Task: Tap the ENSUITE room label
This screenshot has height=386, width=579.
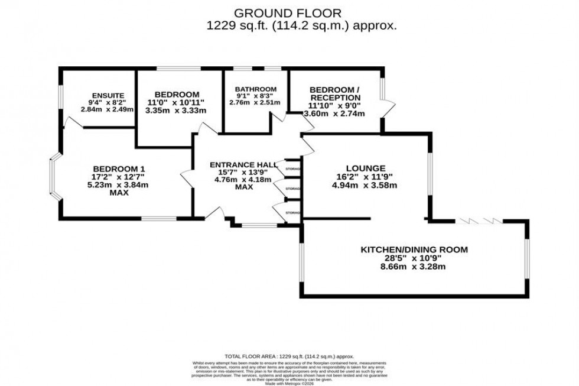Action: tap(107, 95)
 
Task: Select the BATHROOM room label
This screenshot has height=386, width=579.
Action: tap(255, 89)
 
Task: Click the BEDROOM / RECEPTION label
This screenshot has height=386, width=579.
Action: tap(334, 93)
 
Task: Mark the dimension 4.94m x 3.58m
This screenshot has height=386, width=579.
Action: tap(364, 185)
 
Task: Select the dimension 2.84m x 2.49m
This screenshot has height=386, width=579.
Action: tap(107, 109)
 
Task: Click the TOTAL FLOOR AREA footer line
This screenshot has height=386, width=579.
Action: tap(289, 356)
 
